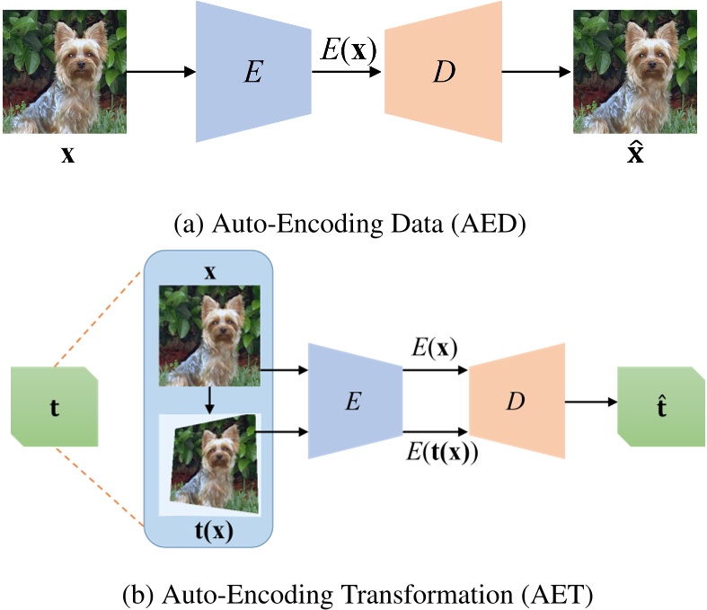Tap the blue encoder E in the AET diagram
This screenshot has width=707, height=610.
point(356,402)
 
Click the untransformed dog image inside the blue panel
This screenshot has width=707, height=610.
point(208,335)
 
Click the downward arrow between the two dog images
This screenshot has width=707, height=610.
point(208,400)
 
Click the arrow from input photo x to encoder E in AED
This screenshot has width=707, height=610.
point(163,72)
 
